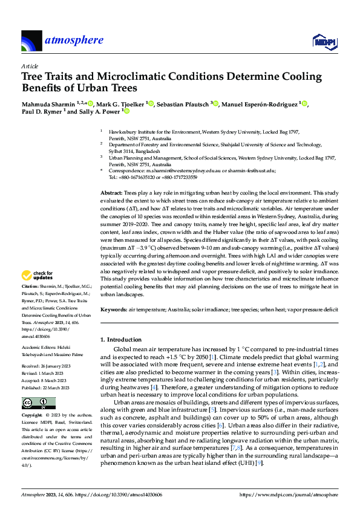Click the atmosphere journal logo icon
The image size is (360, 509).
pyautogui.click(x=31, y=41)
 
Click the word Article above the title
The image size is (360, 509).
pyautogui.click(x=30, y=66)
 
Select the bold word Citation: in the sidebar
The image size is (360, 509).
pyautogui.click(x=30, y=285)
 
